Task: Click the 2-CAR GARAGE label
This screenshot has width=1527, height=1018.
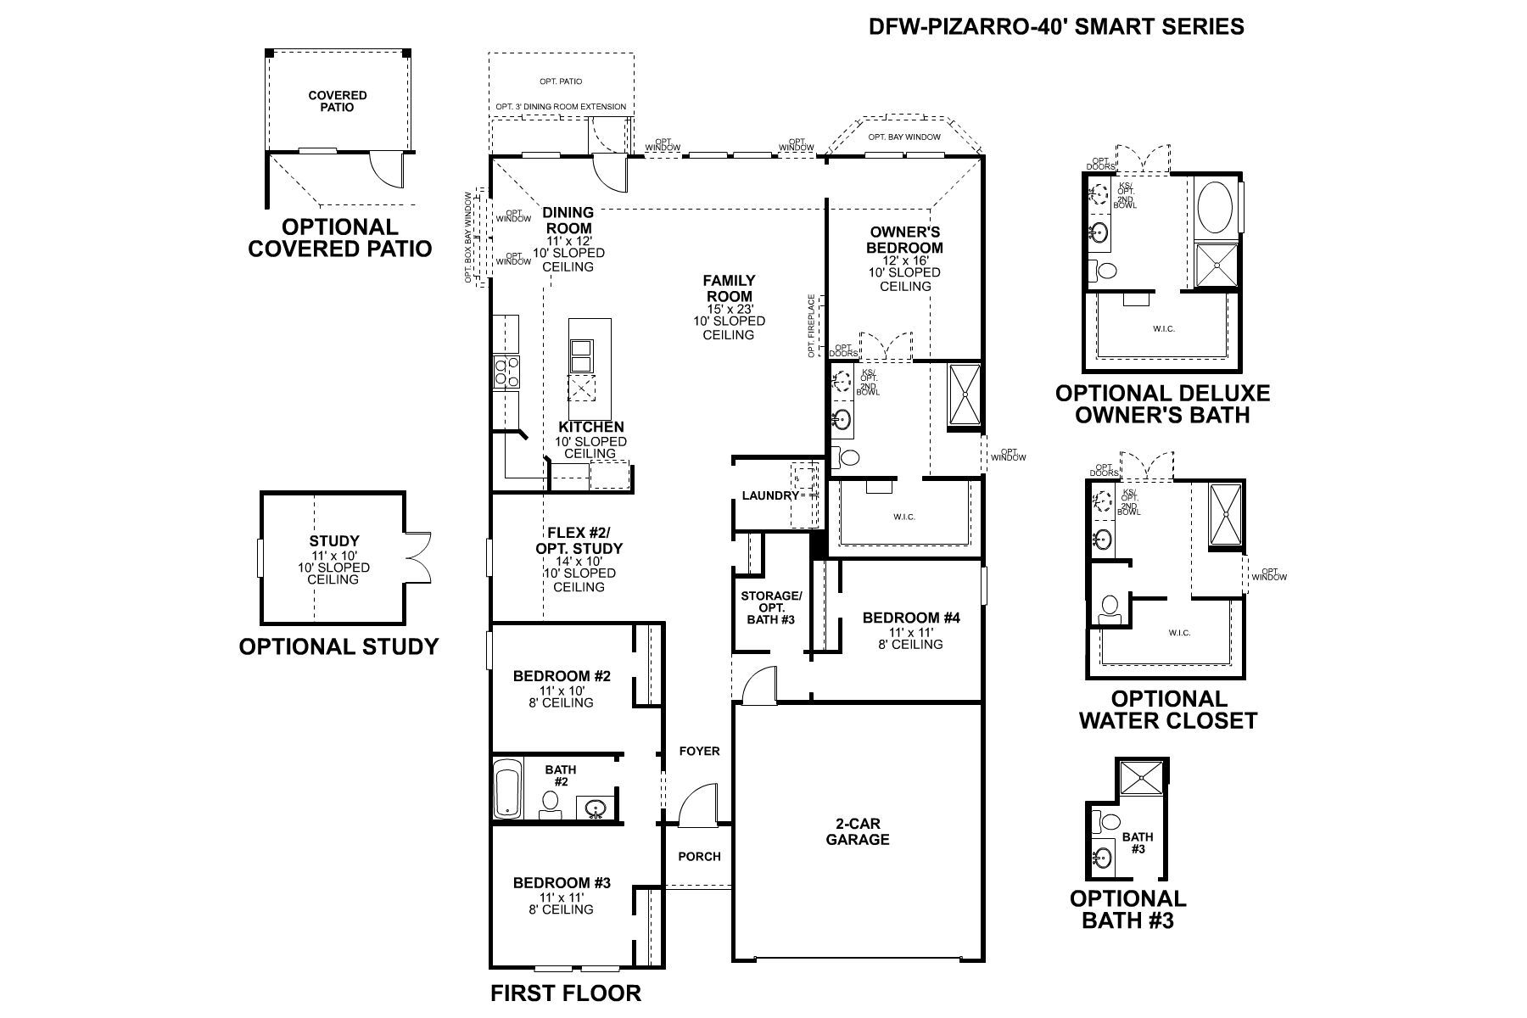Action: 859,831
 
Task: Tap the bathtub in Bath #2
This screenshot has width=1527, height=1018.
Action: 508,789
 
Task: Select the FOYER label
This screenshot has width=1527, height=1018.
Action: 699,752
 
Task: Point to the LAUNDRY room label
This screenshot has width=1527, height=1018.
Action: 769,495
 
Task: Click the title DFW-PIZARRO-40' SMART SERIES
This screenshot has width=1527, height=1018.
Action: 1056,27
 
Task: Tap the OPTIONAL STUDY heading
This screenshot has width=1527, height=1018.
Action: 338,646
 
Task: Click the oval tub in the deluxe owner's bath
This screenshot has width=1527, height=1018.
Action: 1216,209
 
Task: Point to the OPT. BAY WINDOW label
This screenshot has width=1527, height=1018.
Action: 904,137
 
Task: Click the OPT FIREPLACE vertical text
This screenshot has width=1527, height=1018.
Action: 812,326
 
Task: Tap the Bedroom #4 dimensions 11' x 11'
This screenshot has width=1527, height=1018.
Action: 910,632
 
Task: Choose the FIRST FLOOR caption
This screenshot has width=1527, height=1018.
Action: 566,993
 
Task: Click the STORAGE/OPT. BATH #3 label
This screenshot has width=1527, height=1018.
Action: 770,607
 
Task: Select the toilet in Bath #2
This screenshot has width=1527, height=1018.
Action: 550,802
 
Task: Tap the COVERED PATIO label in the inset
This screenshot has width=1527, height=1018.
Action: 338,101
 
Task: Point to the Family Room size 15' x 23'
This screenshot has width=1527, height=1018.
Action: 729,309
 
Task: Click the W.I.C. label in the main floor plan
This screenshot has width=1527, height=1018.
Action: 904,517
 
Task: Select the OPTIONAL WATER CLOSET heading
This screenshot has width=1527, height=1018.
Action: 1168,710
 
